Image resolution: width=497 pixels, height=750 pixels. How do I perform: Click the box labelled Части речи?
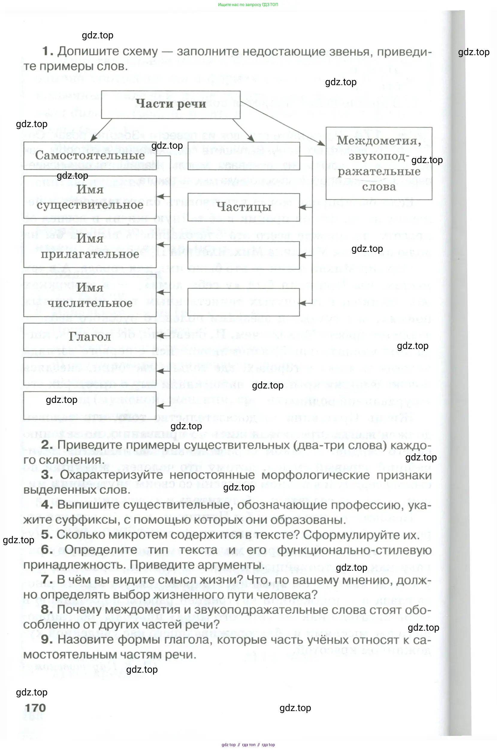[170, 104]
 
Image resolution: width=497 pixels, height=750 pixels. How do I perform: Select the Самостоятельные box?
[90, 155]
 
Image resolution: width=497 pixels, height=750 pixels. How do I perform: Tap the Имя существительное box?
[90, 197]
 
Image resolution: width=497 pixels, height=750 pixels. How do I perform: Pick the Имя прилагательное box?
[90, 246]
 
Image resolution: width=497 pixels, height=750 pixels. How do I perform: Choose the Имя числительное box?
[90, 295]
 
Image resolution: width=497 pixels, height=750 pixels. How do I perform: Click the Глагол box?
[90, 337]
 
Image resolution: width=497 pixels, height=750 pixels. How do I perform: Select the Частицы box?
[244, 207]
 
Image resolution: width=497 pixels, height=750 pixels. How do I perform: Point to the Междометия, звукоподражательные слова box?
[379, 163]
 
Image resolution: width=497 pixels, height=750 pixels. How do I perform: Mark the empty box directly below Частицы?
[244, 255]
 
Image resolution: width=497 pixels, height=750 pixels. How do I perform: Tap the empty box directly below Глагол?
[90, 371]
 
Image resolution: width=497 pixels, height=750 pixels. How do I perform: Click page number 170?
[35, 707]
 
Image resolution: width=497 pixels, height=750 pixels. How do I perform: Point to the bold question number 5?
[47, 535]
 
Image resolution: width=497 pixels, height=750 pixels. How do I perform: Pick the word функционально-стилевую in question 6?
[354, 550]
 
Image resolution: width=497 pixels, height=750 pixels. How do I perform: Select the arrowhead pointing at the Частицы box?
[302, 207]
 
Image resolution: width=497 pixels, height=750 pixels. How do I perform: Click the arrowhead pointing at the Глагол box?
[160, 337]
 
